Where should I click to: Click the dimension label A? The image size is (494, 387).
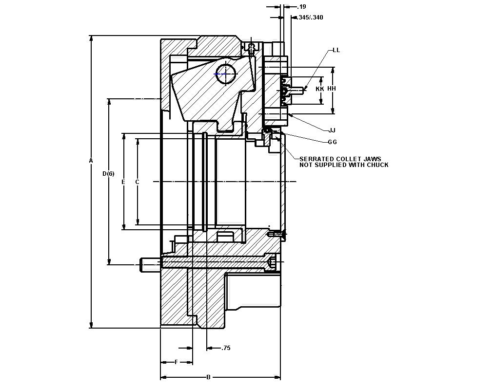point(91,160)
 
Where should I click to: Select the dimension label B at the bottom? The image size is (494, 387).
point(208,377)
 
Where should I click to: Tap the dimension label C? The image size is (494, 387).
point(138,182)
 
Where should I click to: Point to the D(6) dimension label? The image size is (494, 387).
point(108,174)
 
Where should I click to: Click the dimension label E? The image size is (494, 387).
point(123,182)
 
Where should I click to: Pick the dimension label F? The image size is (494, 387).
point(176,362)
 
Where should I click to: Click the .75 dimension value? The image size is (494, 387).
point(226,348)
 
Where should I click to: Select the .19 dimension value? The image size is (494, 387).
point(302,7)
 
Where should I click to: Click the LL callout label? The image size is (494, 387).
point(336,50)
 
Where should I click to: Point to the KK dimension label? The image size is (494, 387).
point(320,89)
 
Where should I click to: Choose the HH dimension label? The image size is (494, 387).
point(332,89)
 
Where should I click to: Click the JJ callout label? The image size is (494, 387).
point(332,130)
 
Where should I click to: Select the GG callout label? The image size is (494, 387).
point(332,142)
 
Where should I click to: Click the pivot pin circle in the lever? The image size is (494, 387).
point(226,74)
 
